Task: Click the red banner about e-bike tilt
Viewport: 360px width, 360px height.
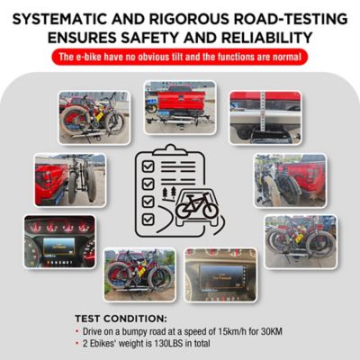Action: click(180, 58)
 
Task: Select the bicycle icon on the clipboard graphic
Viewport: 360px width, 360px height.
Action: click(195, 206)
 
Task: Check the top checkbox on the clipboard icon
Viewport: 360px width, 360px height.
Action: click(147, 165)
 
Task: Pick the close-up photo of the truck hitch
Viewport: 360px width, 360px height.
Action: click(263, 115)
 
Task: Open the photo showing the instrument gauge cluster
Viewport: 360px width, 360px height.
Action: click(58, 240)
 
